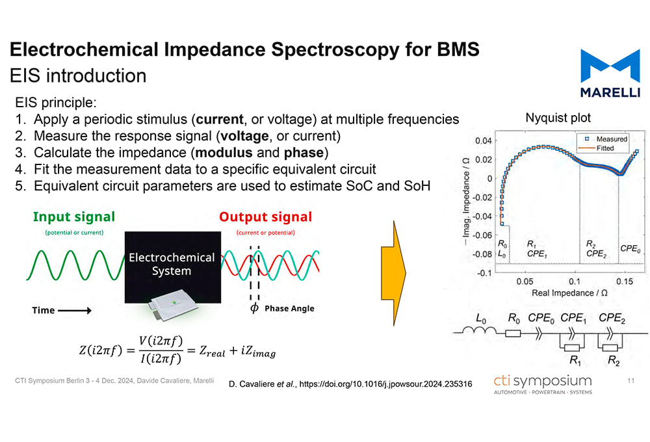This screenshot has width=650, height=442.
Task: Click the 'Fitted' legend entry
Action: point(604,148)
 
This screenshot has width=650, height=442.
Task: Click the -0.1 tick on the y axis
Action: point(483,273)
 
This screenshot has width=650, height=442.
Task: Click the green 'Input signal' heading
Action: point(73,217)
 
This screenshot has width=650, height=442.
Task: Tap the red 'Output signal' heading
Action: point(265,217)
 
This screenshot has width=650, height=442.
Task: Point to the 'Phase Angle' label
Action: point(289,308)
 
